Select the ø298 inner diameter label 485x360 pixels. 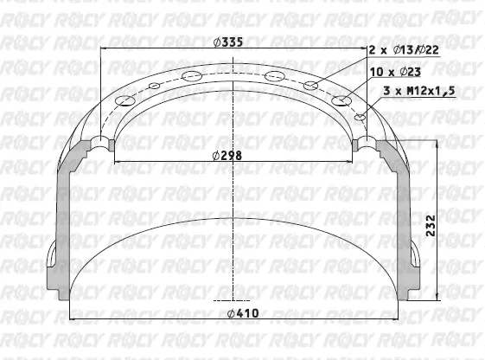coord(227,156)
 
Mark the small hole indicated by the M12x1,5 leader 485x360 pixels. coord(361,116)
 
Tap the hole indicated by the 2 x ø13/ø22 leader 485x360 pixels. coord(312,84)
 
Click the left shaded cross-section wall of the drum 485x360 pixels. coord(61,225)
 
